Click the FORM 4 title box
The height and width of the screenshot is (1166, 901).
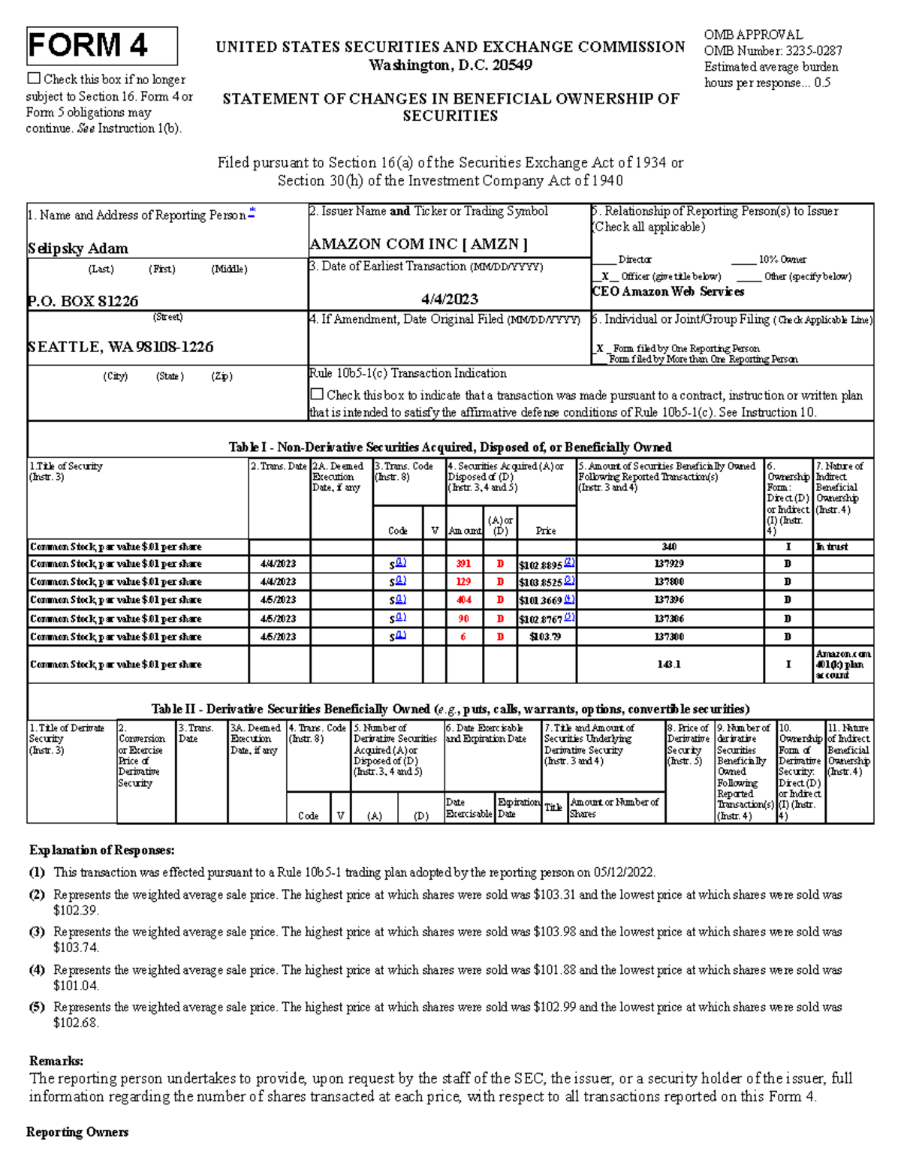coord(102,46)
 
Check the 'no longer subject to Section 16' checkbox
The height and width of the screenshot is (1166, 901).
coord(34,78)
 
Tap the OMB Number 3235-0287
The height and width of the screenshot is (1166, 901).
coord(773,51)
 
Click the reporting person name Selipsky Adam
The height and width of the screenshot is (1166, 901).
coord(78,249)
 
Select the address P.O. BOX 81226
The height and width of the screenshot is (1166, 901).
coord(83,301)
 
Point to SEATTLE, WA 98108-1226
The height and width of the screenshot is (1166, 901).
coord(121,347)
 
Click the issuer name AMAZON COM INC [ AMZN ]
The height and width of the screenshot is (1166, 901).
coord(418,244)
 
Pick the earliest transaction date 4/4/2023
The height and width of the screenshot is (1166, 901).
coord(450,299)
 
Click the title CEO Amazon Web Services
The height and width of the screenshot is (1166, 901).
coord(667,291)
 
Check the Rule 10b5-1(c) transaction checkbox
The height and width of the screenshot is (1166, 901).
coord(317,394)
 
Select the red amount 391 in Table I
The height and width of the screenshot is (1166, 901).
coord(463,564)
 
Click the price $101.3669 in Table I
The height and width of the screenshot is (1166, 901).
coord(540,601)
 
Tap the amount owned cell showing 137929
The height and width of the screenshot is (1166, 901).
coord(669,564)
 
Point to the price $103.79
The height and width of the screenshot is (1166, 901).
coord(545,637)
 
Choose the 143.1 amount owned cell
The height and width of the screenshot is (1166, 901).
coord(669,664)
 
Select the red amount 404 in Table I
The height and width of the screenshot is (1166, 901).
coord(463,600)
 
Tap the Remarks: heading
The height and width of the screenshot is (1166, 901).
coord(56,1061)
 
